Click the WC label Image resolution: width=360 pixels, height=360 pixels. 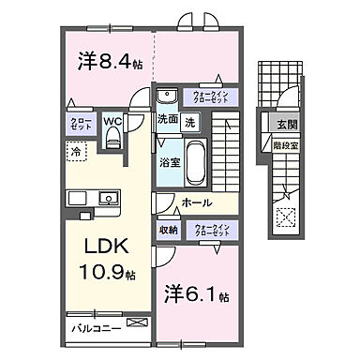pos(112,121)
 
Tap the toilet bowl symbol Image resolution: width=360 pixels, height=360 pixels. pos(113,138)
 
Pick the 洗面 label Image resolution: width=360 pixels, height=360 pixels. pos(168,121)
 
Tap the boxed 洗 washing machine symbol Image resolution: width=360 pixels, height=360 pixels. pos(189,121)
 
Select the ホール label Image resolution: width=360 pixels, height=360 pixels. pos(195,202)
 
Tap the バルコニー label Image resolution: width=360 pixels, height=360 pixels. pos(94,328)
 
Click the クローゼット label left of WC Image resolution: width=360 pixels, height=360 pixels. pos(79,124)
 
